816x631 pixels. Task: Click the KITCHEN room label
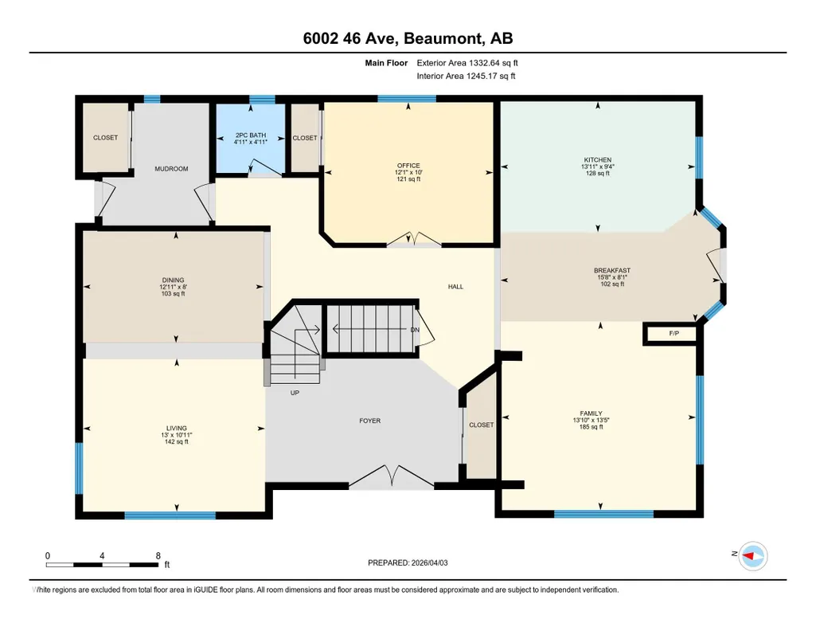(x=597, y=160)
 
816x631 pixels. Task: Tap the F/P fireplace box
(x=670, y=334)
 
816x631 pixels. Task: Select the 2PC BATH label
(x=250, y=135)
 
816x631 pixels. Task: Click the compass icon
(x=753, y=556)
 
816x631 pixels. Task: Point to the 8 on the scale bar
(x=158, y=556)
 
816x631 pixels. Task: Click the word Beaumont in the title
(x=443, y=38)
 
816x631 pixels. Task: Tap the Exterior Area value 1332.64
(x=484, y=63)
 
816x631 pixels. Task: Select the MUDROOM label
(x=171, y=169)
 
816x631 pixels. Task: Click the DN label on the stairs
(x=414, y=330)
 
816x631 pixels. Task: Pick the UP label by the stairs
(x=295, y=393)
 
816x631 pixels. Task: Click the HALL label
(x=455, y=286)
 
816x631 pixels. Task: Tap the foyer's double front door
(x=391, y=476)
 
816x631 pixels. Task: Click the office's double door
(x=414, y=240)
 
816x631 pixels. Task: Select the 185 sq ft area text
(x=592, y=427)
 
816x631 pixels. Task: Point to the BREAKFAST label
(x=612, y=270)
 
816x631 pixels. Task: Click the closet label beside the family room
(x=482, y=425)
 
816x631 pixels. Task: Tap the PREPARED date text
(x=408, y=562)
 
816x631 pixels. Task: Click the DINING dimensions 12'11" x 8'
(x=174, y=287)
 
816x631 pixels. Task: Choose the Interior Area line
(x=466, y=76)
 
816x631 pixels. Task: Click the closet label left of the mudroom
(x=105, y=138)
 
